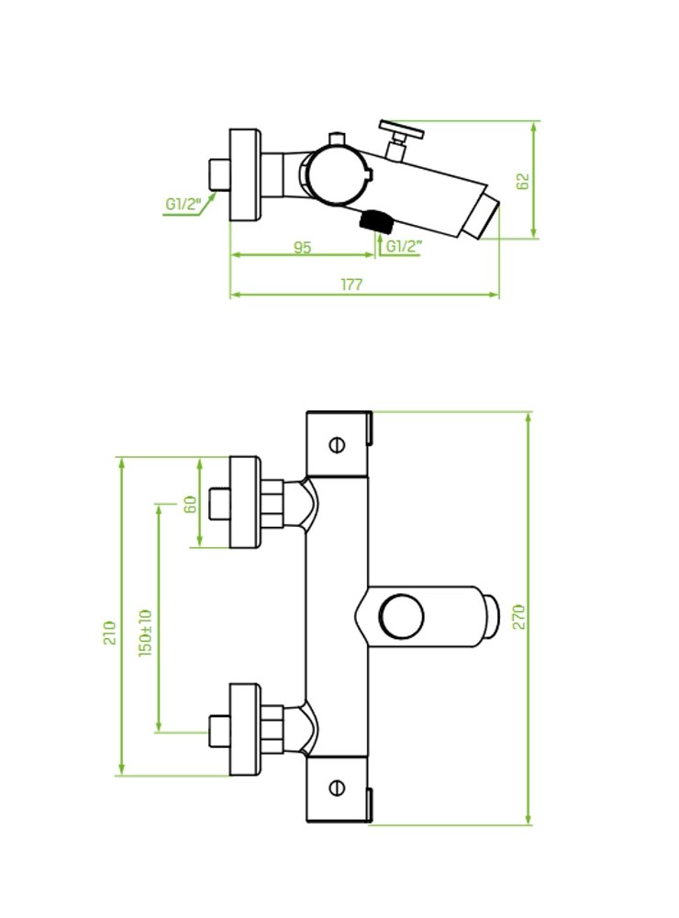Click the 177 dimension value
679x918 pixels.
tap(351, 285)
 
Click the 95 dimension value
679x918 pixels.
tap(302, 246)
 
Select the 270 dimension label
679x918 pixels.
tap(518, 616)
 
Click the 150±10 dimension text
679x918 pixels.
tap(145, 632)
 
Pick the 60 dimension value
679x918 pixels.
tap(192, 506)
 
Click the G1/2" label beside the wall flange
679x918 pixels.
tap(183, 205)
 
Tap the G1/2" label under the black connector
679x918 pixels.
tap(403, 246)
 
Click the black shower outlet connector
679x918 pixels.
tap(374, 220)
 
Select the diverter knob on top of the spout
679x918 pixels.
tap(401, 131)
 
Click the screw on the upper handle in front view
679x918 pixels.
tap(337, 445)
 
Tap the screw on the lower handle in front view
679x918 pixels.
tap(337, 788)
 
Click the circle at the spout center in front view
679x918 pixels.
tap(401, 615)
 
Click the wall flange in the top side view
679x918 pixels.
tap(244, 174)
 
